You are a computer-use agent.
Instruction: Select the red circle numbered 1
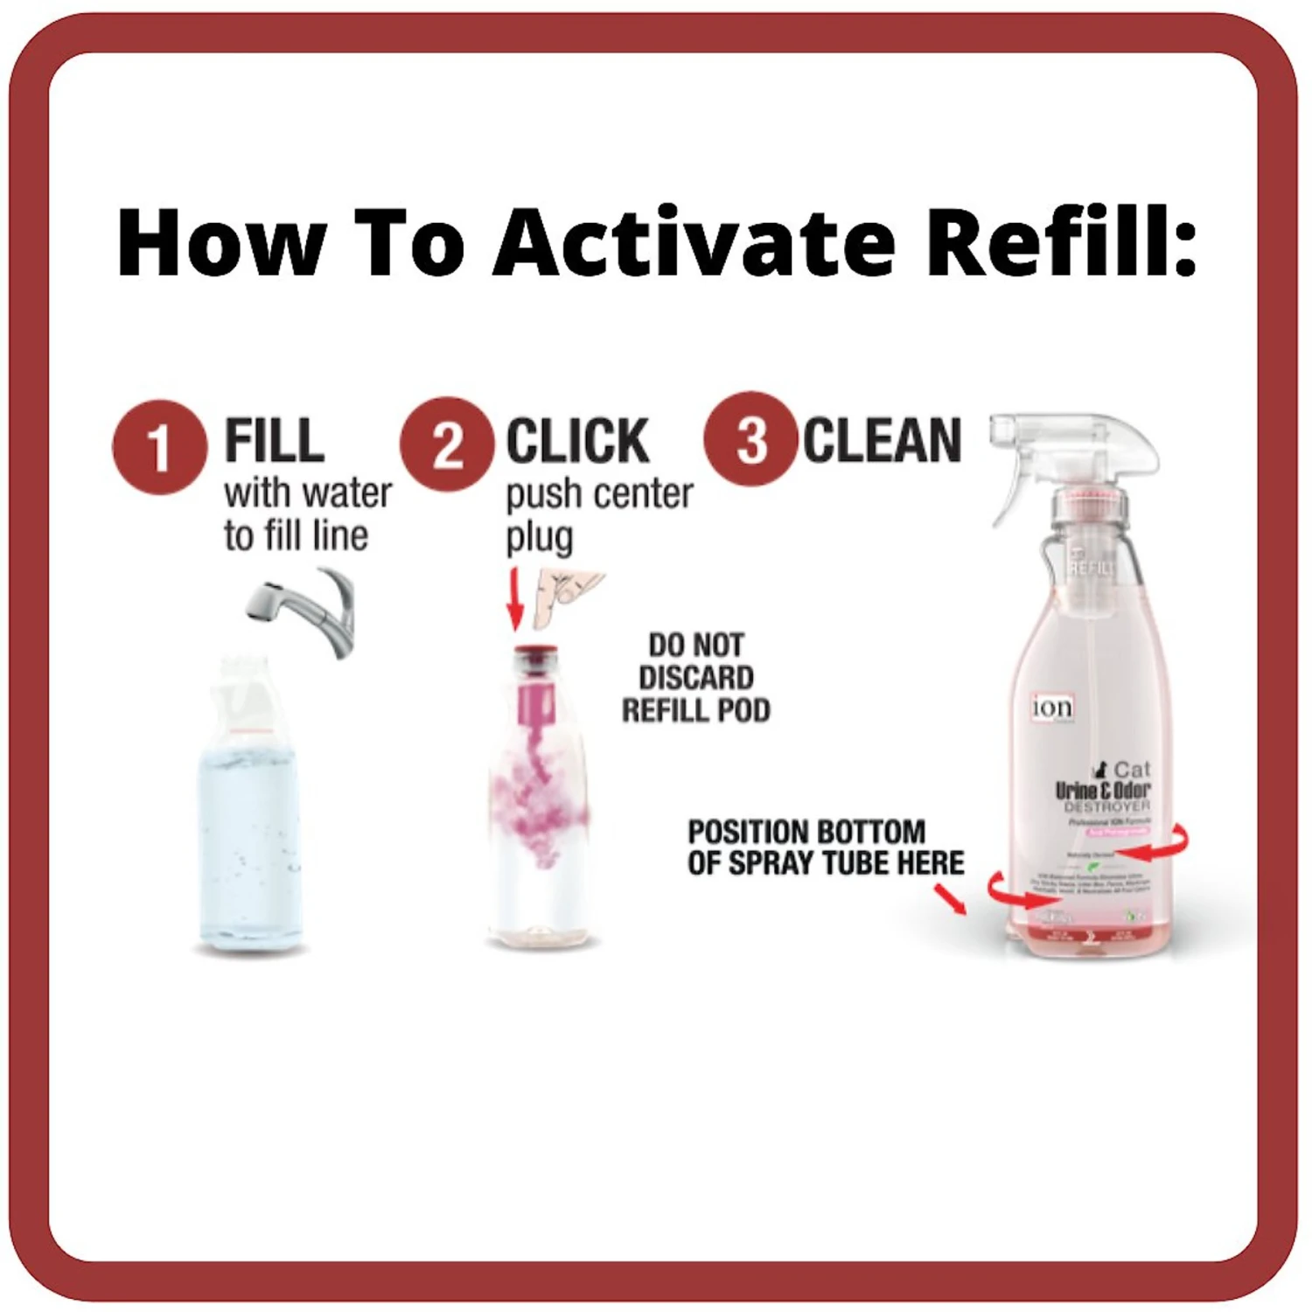coord(160,447)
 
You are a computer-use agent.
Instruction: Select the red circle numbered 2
coord(447,444)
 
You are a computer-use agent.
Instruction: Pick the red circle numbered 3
coord(751,438)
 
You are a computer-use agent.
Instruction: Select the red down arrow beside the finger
coord(515,599)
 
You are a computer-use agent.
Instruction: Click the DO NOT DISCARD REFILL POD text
coord(695,678)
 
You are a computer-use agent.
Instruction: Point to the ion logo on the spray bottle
coord(1052,707)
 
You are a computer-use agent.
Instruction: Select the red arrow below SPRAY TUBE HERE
coord(951,899)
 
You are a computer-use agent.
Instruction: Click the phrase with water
coord(307,493)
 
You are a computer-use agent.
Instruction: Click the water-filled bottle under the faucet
coord(249,831)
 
